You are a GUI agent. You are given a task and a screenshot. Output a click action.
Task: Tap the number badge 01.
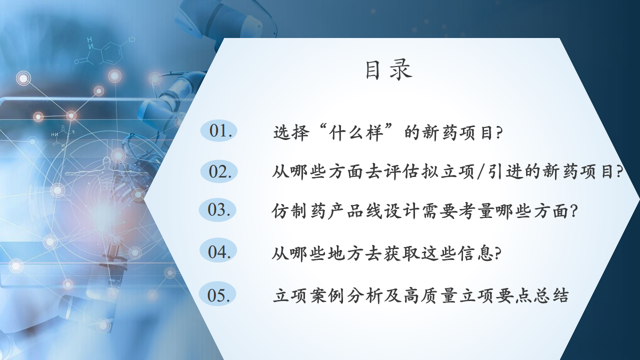click(219, 131)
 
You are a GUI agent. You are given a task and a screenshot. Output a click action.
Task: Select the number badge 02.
click(219, 171)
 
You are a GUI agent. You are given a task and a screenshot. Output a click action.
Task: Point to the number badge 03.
click(217, 209)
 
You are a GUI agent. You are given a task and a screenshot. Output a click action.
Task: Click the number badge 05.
click(217, 294)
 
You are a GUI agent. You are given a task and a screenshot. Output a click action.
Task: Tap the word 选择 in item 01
click(291, 133)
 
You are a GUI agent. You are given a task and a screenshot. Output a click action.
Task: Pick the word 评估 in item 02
click(402, 172)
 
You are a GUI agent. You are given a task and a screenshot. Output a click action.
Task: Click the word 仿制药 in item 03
click(299, 211)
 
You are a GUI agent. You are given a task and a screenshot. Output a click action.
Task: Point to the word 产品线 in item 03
click(355, 211)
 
